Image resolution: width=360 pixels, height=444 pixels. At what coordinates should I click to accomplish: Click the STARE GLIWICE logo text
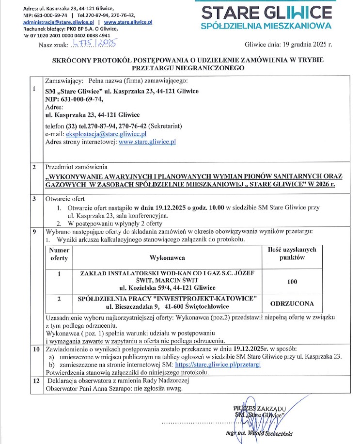click(x=266, y=12)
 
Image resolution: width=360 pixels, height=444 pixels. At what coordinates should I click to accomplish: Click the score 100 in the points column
click(x=292, y=281)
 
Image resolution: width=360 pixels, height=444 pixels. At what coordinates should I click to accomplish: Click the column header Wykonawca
click(x=167, y=258)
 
